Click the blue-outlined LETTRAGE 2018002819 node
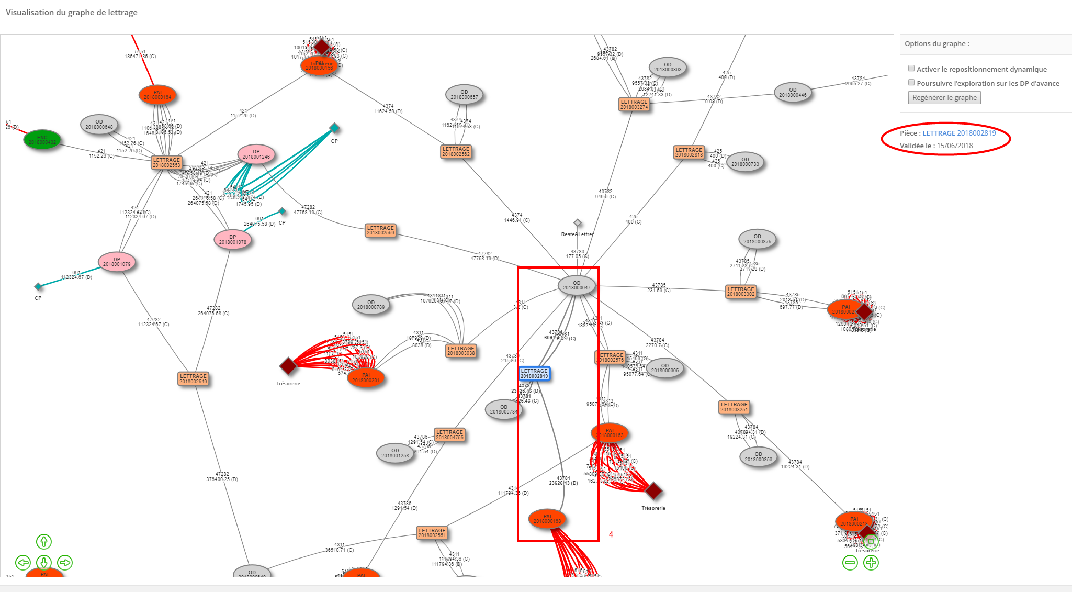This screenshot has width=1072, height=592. click(534, 373)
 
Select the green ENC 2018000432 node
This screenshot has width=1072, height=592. click(42, 140)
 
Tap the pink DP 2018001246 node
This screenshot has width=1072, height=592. click(256, 154)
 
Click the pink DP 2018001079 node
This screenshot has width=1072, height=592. click(117, 262)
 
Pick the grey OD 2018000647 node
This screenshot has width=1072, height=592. click(577, 285)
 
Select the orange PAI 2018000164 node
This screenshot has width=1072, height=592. click(157, 95)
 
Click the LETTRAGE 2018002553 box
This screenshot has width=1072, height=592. click(166, 163)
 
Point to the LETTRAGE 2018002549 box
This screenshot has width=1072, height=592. click(193, 378)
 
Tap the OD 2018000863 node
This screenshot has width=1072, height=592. click(668, 67)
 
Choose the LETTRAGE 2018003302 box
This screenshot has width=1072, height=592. click(741, 292)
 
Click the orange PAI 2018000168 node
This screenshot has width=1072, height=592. click(547, 519)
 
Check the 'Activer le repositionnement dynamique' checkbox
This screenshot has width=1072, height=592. click(911, 69)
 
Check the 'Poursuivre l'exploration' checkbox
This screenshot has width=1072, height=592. click(911, 83)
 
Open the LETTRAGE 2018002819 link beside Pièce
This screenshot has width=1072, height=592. click(959, 133)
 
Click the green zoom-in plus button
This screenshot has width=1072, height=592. click(871, 563)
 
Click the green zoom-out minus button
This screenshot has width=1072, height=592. click(850, 563)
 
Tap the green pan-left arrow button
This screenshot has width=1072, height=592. click(23, 563)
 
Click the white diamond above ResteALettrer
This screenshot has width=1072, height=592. click(578, 223)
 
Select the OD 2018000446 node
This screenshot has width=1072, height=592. click(793, 92)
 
